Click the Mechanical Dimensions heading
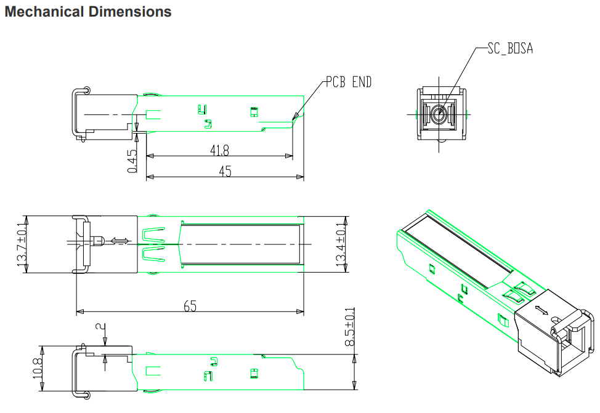pos(87,12)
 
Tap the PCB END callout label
pos(349,82)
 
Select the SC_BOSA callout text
pos(510,49)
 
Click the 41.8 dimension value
pos(220,150)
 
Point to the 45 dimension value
pos(225,171)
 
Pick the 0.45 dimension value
pos(132,161)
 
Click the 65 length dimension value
pos(190,306)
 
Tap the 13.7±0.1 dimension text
pos(22,244)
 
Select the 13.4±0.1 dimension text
pos(341,244)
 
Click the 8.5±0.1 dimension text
pos(350,327)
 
